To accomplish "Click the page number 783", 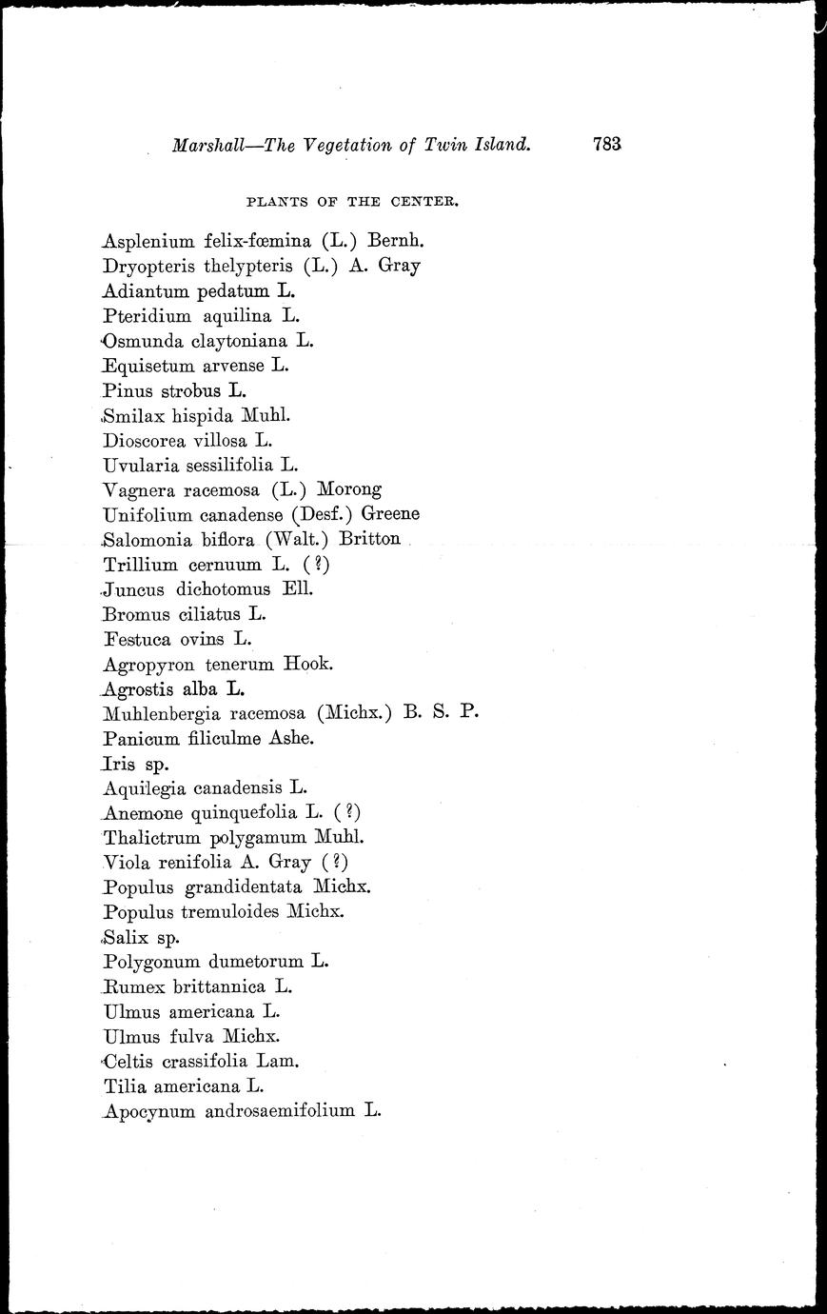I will (x=606, y=145).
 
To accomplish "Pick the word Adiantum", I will (x=146, y=291).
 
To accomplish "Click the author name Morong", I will (x=349, y=489).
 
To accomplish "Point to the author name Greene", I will (x=388, y=514).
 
